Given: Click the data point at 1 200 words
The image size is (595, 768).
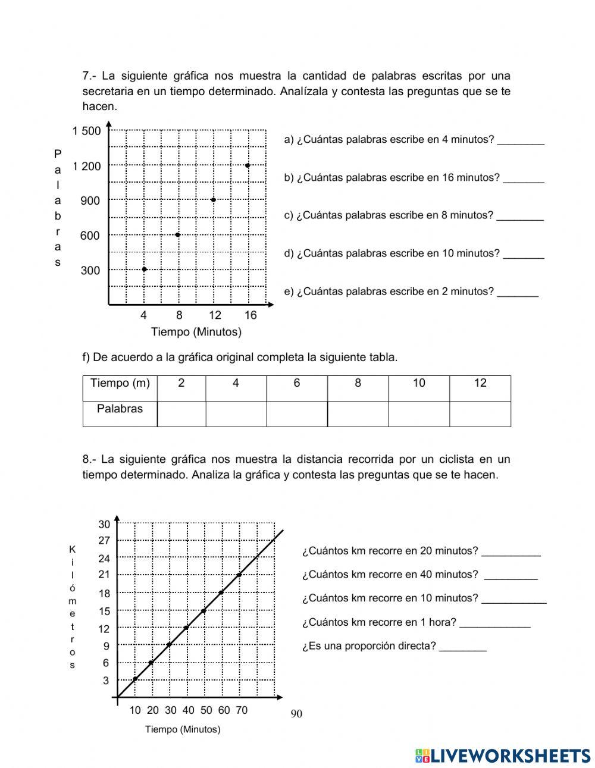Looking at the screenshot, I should coord(248,165).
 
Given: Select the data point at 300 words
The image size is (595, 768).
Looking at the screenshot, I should coord(144,269).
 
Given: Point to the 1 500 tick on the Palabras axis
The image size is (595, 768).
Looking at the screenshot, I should coord(87,131).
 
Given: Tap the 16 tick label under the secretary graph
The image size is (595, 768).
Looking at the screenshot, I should coord(250,315).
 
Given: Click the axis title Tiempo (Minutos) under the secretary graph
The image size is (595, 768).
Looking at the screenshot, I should coord(196,332).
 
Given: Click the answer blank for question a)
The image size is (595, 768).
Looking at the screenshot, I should coord(521,140).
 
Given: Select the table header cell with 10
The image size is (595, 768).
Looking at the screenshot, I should coord(419,384).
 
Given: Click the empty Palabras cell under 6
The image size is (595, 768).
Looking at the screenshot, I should coord(297,414).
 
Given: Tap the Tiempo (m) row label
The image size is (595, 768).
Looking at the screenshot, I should coord(120,384).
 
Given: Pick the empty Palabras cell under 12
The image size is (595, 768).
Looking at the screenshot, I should coord(480,414).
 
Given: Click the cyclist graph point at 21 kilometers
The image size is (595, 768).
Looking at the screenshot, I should coord(239,575).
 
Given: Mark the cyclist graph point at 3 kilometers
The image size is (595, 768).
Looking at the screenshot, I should coord(135,679).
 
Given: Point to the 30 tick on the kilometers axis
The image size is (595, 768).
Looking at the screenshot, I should coord(104,524).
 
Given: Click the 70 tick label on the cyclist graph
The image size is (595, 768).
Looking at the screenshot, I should coord(241,710).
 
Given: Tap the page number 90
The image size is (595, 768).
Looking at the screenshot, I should coord(296,714).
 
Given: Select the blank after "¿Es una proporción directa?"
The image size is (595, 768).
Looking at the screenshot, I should coord(463,647).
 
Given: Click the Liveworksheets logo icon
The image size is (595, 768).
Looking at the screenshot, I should coord(422,756).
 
